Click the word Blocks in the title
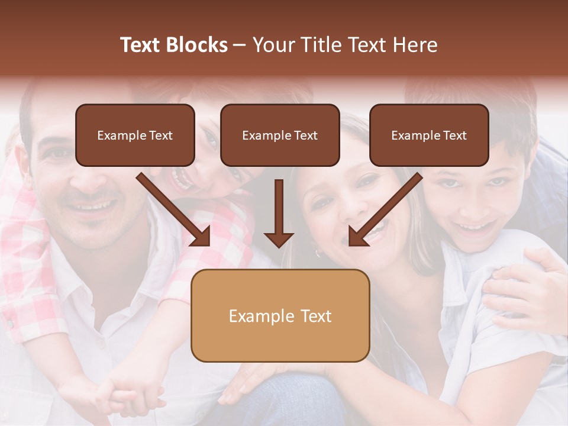(196, 45)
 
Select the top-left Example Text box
(135, 135)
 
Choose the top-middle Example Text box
(280, 135)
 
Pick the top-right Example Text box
(429, 135)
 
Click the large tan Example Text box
(280, 316)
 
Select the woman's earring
(318, 253)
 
